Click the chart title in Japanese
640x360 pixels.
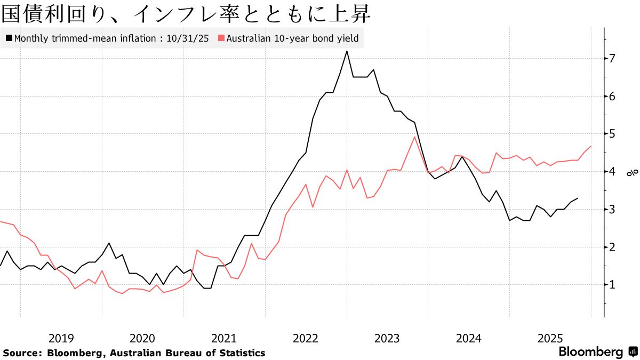[x=186, y=14]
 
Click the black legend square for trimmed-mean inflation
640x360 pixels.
[x=9, y=38]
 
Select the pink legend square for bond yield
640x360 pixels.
[x=221, y=38]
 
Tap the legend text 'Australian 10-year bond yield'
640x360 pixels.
[x=292, y=38]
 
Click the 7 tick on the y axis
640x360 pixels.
[x=613, y=58]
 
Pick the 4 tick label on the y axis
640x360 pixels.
[x=613, y=172]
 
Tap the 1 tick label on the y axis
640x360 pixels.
[x=613, y=285]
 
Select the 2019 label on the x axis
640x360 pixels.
[x=61, y=338]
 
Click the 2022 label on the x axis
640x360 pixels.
[x=306, y=338]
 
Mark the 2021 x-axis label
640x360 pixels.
[x=224, y=338]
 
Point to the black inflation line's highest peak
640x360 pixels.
[x=347, y=51]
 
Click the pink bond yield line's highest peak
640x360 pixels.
[x=415, y=137]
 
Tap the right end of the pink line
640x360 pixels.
[x=591, y=146]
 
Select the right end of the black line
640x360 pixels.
[x=578, y=198]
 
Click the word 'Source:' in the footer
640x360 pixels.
[x=22, y=353]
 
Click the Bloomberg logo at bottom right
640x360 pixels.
[x=597, y=352]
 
